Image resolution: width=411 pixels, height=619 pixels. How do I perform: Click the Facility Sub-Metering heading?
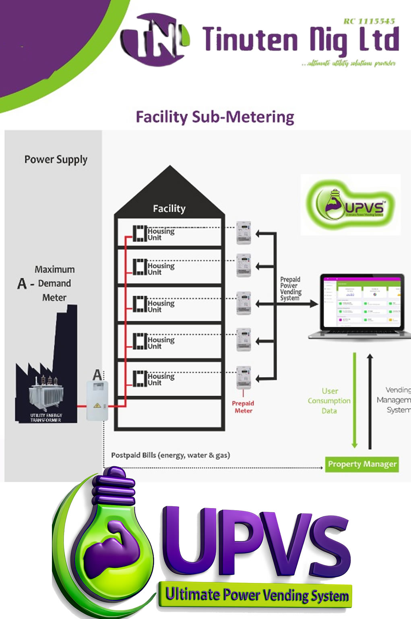215,117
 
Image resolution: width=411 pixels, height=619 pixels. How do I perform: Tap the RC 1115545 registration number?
369,21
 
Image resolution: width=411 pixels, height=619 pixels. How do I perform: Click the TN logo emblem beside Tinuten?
155,39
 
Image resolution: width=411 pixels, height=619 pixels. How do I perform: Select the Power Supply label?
56,160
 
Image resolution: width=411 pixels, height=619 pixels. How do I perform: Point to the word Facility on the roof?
169,209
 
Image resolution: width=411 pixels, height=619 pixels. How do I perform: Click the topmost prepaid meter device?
244,233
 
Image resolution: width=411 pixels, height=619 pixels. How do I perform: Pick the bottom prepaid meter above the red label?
244,377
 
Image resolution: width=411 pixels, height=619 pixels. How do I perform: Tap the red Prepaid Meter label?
243,407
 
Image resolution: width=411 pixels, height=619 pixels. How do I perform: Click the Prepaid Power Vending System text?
290,289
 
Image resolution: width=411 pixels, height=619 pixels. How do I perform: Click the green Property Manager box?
362,464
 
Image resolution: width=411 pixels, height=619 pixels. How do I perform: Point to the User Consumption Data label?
329,401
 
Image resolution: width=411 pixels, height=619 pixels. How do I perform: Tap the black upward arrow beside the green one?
370,401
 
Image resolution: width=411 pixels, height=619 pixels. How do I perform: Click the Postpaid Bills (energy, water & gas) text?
170,455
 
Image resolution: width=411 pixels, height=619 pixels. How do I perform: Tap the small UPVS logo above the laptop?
350,205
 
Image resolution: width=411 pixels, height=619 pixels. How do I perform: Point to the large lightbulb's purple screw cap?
114,488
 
